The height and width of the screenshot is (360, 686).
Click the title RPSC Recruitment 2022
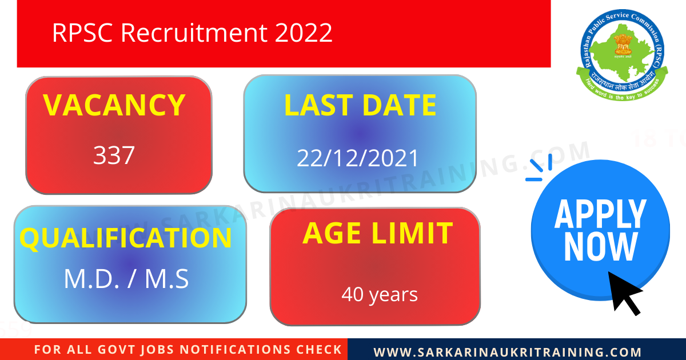(192, 33)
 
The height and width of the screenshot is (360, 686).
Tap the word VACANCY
(114, 105)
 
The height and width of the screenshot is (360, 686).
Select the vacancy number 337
(114, 155)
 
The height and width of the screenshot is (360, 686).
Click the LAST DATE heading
(360, 105)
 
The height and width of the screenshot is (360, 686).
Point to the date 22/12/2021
(358, 158)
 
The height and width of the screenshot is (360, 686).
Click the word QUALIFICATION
(126, 238)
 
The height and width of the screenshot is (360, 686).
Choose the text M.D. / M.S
(126, 279)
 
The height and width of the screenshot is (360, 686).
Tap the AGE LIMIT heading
(377, 233)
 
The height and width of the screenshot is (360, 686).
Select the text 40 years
(380, 295)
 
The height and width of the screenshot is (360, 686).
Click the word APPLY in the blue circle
(600, 214)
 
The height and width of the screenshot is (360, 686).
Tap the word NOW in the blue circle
(600, 247)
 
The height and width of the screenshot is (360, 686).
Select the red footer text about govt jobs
(188, 350)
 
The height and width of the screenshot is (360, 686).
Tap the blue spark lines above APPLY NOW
(539, 168)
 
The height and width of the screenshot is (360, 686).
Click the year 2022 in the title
(304, 33)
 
